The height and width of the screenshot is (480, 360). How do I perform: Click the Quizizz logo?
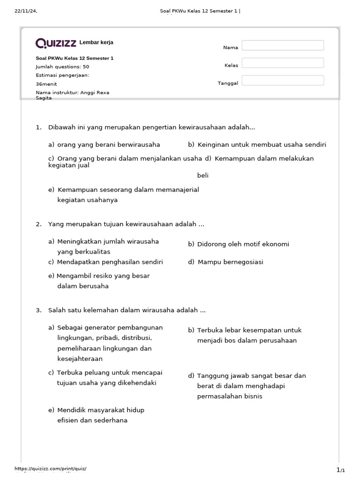[x=56, y=43]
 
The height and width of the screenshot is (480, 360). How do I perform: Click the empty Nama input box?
[x=283, y=45]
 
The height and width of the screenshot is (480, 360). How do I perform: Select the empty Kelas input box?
[x=283, y=63]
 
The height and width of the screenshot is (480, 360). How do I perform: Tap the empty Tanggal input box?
[x=283, y=81]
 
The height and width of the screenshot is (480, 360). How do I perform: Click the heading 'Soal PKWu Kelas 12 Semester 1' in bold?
[x=75, y=58]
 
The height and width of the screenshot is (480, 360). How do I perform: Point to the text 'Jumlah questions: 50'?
[x=62, y=67]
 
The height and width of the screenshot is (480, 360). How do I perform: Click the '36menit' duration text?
[x=46, y=84]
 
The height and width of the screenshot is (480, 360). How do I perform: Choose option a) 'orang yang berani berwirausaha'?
[x=104, y=144]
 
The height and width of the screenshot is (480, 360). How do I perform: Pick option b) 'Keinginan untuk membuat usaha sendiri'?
[x=257, y=144]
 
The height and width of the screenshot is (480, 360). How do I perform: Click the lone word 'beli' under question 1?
[x=202, y=175]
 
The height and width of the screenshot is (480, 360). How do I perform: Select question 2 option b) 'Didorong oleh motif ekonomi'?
[x=239, y=244]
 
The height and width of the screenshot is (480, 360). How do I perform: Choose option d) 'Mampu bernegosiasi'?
[x=225, y=262]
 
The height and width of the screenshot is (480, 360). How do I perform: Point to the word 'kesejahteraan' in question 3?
[x=80, y=359]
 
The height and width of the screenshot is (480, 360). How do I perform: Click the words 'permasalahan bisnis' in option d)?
[x=230, y=397]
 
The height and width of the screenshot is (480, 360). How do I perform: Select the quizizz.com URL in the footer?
[x=50, y=469]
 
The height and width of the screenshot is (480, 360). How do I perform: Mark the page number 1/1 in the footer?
[x=340, y=470]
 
